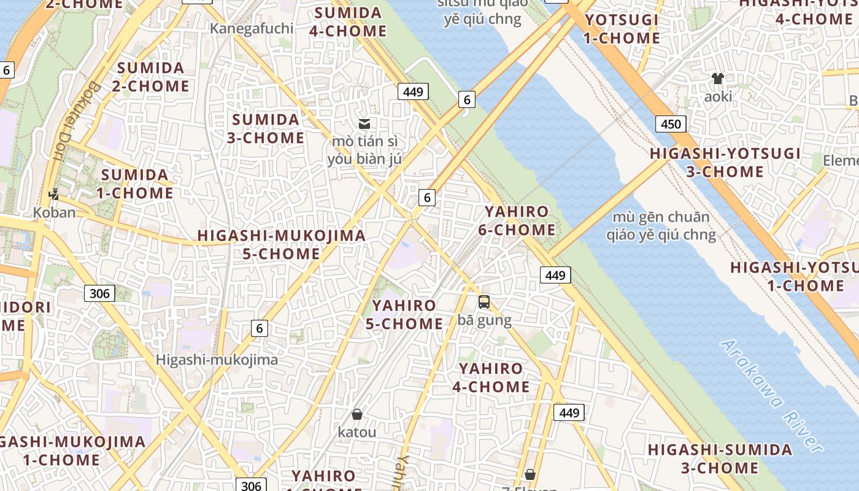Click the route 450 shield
[x=671, y=124]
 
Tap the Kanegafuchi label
[x=252, y=28]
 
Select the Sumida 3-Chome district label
[x=266, y=128]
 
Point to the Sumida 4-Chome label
[x=348, y=22]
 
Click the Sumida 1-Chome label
[x=135, y=184]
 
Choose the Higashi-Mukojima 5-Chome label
[x=281, y=244]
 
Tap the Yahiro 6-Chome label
[x=520, y=221]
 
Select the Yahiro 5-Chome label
[x=404, y=314]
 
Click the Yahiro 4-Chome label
[x=491, y=377]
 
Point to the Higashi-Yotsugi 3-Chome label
[x=725, y=162]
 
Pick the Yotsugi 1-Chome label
[x=622, y=29]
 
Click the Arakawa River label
[x=771, y=396]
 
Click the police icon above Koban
[x=55, y=195]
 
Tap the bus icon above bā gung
[x=484, y=301]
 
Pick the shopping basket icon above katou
[x=357, y=414]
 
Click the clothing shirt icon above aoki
[x=717, y=79]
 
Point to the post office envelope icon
[x=364, y=123]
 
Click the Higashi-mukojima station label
[x=217, y=360]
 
